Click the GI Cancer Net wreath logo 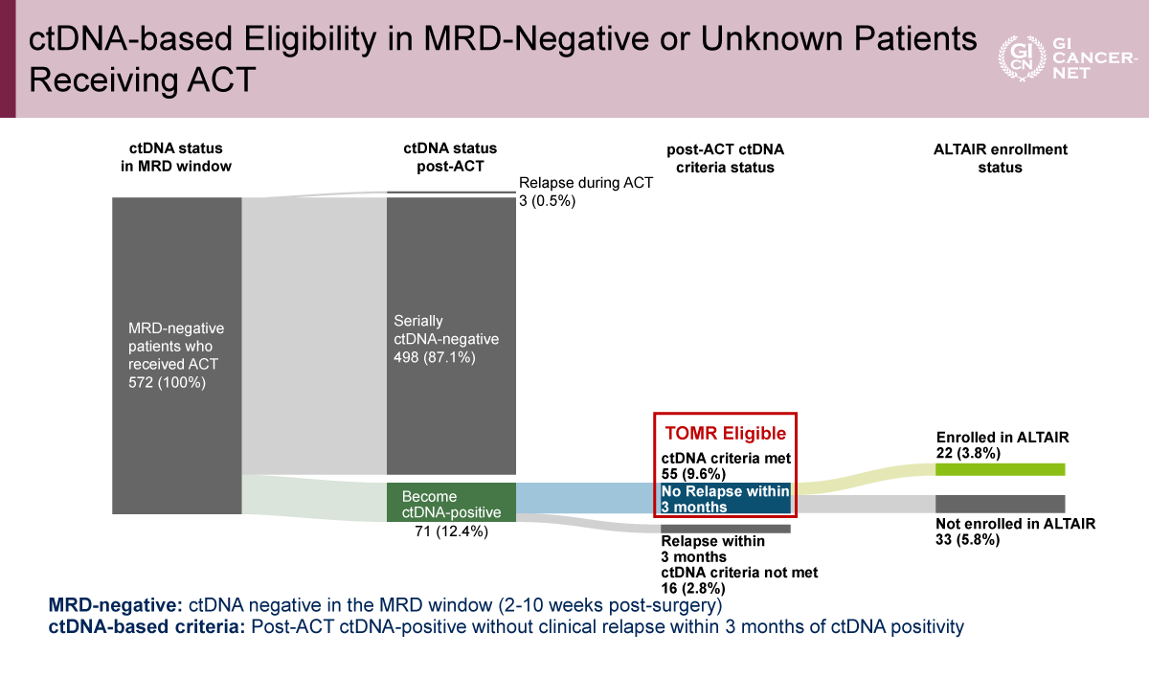point(1016,58)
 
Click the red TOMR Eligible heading point(725,434)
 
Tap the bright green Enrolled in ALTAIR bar point(1000,469)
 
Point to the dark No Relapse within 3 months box point(725,499)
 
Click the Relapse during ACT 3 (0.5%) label point(585,192)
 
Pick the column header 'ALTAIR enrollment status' point(1000,158)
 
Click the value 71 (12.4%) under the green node point(450,531)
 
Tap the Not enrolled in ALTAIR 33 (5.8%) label point(1015,531)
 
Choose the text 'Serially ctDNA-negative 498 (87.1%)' point(446,339)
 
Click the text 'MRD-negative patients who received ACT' point(174,346)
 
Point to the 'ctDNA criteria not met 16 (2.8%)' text point(739,581)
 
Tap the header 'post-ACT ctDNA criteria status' point(724,158)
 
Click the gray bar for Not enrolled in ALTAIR point(1000,503)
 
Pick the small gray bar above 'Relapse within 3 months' point(725,528)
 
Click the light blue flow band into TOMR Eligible point(584,498)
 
